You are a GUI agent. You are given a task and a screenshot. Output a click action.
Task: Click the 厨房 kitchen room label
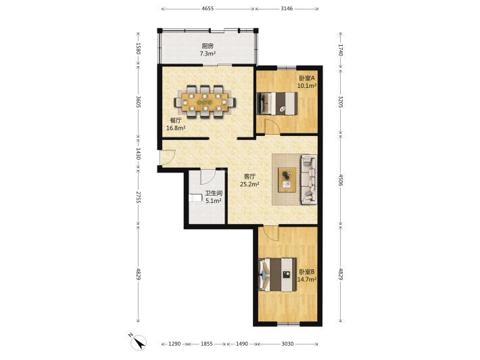(208, 46)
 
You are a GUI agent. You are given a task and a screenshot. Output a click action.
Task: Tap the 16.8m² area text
(176, 128)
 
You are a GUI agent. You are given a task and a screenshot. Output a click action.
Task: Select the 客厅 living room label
(249, 177)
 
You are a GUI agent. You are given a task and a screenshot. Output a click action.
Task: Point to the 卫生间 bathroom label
(214, 194)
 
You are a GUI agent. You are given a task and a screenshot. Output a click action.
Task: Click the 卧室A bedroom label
(307, 78)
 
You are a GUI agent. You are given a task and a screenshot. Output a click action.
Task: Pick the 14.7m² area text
(307, 279)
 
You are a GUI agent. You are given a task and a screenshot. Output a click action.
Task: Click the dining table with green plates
(205, 102)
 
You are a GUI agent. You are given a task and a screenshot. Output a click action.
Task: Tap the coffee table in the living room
(287, 180)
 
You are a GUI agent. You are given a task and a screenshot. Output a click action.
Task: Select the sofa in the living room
(309, 179)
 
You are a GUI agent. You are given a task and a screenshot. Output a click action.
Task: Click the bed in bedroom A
(277, 104)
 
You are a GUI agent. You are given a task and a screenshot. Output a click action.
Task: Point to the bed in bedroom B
(277, 274)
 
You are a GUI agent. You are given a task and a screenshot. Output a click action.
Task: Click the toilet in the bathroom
(195, 198)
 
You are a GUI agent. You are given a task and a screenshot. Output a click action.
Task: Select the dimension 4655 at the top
(208, 9)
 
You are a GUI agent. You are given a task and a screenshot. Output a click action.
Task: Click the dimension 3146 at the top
(287, 9)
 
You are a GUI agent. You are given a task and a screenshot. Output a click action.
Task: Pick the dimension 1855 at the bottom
(207, 344)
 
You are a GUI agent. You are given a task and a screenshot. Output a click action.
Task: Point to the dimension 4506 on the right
(341, 180)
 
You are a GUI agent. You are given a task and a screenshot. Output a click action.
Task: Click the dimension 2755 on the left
(138, 198)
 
